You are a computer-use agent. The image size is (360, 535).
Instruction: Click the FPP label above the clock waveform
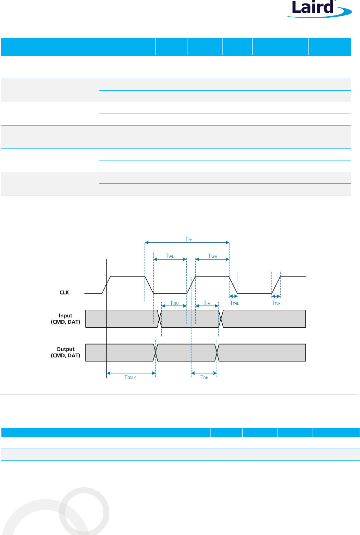click(x=189, y=239)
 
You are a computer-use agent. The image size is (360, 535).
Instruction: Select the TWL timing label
click(x=170, y=256)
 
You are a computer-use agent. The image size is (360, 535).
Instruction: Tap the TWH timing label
click(x=212, y=256)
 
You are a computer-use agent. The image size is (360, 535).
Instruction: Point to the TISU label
click(x=174, y=303)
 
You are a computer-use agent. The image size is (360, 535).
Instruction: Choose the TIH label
click(x=207, y=303)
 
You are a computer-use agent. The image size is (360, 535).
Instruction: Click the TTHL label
click(x=234, y=303)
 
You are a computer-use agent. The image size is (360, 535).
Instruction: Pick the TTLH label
click(x=276, y=303)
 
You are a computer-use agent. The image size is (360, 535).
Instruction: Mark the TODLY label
click(x=130, y=377)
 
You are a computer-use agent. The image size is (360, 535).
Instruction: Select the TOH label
click(x=204, y=377)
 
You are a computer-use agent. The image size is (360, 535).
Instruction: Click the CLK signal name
click(x=64, y=292)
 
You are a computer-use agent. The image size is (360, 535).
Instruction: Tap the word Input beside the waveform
click(x=66, y=316)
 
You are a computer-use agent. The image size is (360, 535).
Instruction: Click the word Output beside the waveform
click(x=66, y=349)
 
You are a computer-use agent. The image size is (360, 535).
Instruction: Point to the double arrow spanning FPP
click(x=187, y=243)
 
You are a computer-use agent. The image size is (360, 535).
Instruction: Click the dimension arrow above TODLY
click(x=131, y=373)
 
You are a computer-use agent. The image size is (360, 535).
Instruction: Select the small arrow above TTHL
click(x=233, y=296)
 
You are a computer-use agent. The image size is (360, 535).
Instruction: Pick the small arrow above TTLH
click(x=276, y=296)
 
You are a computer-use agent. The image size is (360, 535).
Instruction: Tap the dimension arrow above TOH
click(x=204, y=373)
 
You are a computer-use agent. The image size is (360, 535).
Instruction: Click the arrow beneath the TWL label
click(x=170, y=259)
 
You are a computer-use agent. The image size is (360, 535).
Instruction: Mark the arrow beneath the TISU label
click(x=174, y=306)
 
